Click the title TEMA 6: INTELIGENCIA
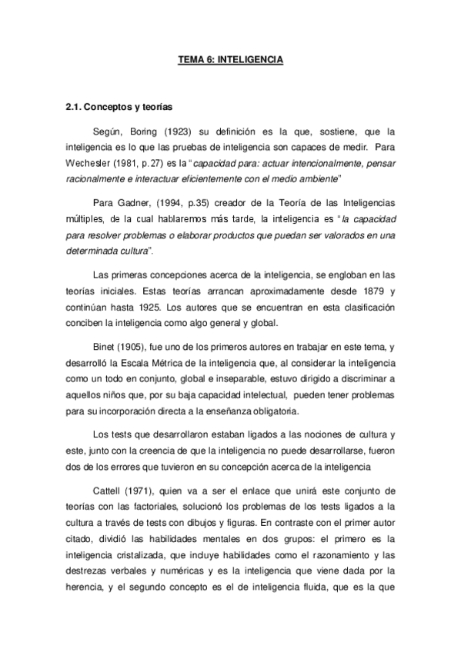point(231,59)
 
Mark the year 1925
point(159,307)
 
